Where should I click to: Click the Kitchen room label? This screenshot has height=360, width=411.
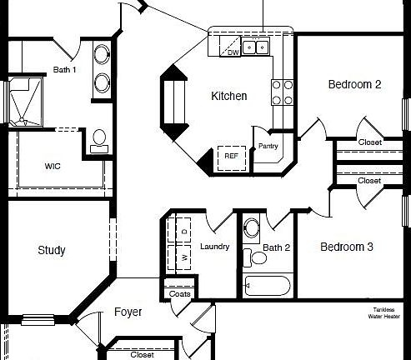(x=228, y=97)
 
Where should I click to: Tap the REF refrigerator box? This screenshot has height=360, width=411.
(x=232, y=156)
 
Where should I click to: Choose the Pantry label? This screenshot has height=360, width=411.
(x=268, y=146)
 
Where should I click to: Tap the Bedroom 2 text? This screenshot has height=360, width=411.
(x=354, y=84)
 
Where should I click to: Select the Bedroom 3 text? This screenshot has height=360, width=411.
(x=347, y=247)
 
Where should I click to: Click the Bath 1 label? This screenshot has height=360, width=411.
(x=64, y=70)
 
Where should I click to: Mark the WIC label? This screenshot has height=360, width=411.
(x=52, y=166)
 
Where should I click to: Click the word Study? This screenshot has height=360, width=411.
(x=52, y=250)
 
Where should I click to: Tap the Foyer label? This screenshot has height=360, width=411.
(x=128, y=312)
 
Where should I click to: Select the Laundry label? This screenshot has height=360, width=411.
(x=215, y=247)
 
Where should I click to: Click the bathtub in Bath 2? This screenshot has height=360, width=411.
(x=265, y=287)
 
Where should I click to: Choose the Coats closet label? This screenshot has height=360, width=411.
(x=179, y=293)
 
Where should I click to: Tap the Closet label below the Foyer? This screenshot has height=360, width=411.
(x=142, y=354)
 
